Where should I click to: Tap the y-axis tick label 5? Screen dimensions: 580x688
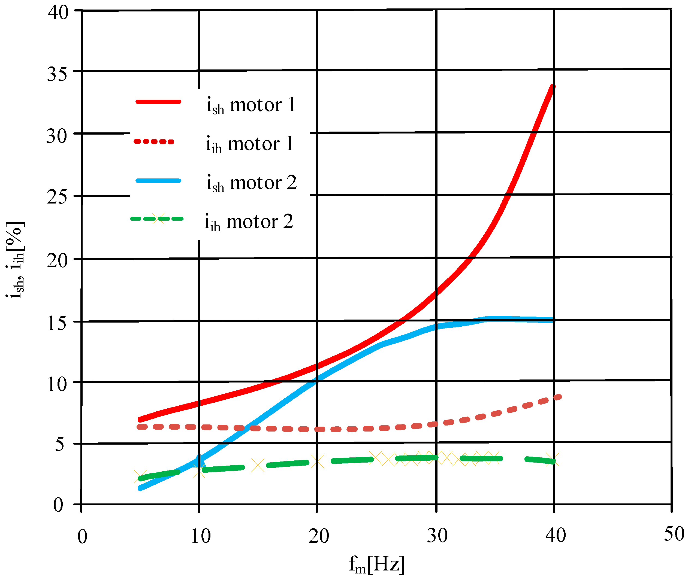59,445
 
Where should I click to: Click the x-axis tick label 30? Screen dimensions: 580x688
437,536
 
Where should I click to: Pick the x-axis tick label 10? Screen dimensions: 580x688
200,536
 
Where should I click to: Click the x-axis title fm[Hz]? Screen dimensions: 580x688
376,564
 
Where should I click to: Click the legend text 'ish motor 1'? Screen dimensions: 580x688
251,105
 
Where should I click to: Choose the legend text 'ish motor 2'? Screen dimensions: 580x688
251,183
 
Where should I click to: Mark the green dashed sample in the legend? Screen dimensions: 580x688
157,219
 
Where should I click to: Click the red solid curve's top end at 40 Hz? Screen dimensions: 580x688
553,87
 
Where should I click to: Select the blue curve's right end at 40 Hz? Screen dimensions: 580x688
553,320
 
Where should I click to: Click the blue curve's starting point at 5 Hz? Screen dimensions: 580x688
140,488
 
